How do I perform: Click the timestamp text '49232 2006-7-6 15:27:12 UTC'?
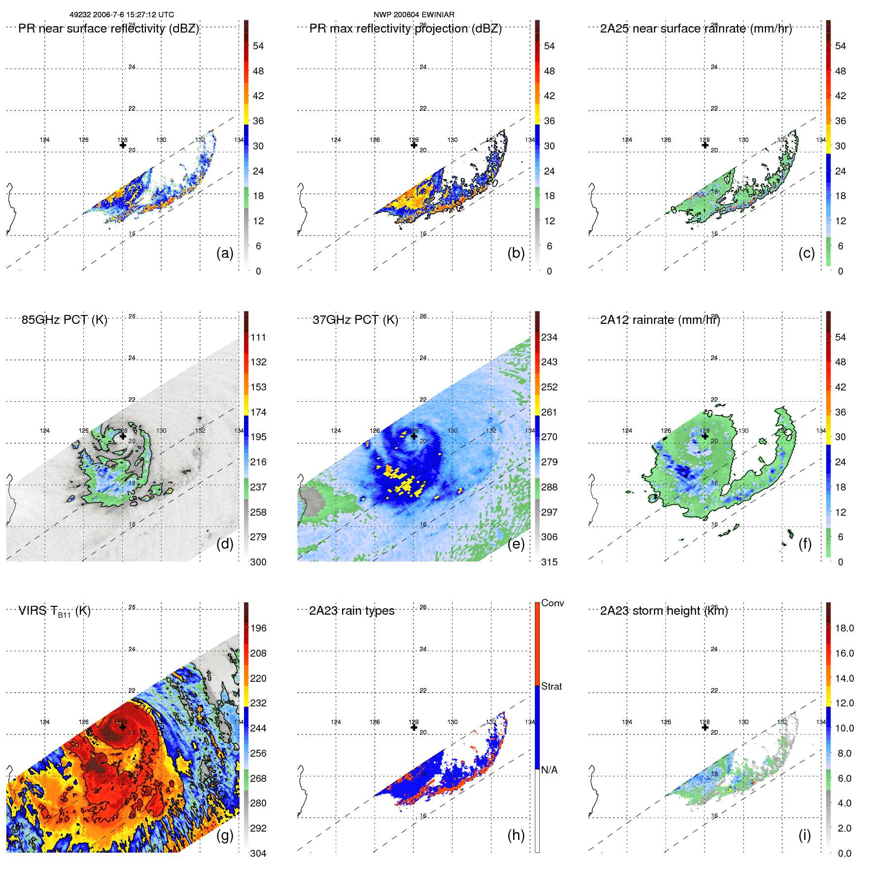click(x=121, y=15)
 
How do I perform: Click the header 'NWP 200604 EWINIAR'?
click(x=414, y=15)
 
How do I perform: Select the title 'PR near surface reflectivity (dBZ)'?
click(x=108, y=29)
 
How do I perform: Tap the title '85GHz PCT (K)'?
click(x=64, y=320)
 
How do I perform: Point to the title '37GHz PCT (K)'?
click(x=355, y=320)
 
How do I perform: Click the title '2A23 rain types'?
click(x=351, y=611)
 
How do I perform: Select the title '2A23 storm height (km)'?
click(x=663, y=611)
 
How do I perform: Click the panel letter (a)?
click(x=225, y=253)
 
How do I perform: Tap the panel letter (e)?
click(x=516, y=544)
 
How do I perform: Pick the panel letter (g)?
click(x=225, y=835)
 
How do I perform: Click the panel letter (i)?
click(x=804, y=835)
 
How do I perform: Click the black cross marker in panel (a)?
click(x=123, y=145)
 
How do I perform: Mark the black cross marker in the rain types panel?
click(x=414, y=727)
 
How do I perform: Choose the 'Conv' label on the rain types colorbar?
click(x=552, y=603)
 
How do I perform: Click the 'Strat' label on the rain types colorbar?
click(x=551, y=686)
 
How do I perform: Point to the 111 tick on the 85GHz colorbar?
click(x=258, y=337)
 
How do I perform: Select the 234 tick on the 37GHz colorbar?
click(x=549, y=337)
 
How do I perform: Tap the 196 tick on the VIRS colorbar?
click(x=258, y=628)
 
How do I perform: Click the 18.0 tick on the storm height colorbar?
click(x=844, y=628)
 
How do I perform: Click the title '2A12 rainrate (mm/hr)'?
click(x=660, y=320)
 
